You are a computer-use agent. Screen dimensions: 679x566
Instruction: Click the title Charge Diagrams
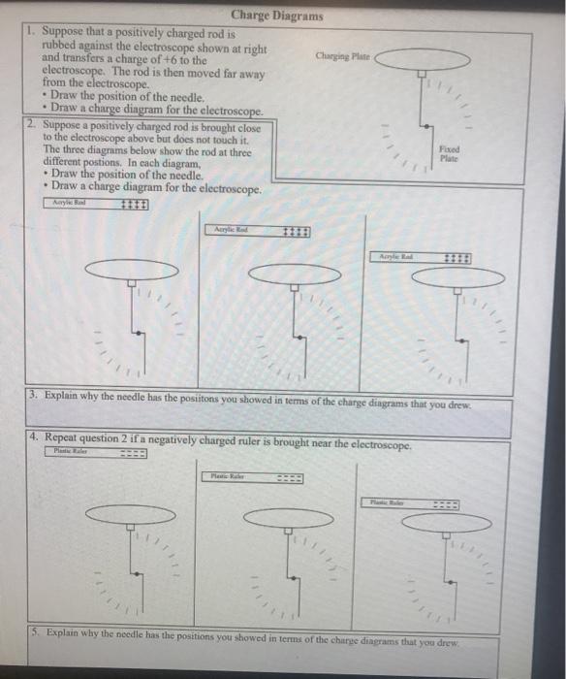pos(277,16)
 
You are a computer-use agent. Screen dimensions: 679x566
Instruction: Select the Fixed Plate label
pos(449,153)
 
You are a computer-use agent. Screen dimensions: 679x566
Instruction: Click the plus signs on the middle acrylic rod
pos(297,231)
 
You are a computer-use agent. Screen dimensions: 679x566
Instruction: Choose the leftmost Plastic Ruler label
pos(69,452)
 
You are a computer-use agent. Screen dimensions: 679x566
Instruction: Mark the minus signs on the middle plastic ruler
pos(288,476)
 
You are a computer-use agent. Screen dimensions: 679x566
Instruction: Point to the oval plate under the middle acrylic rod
pos(295,276)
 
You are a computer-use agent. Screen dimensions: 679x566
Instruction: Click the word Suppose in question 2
pos(65,126)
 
